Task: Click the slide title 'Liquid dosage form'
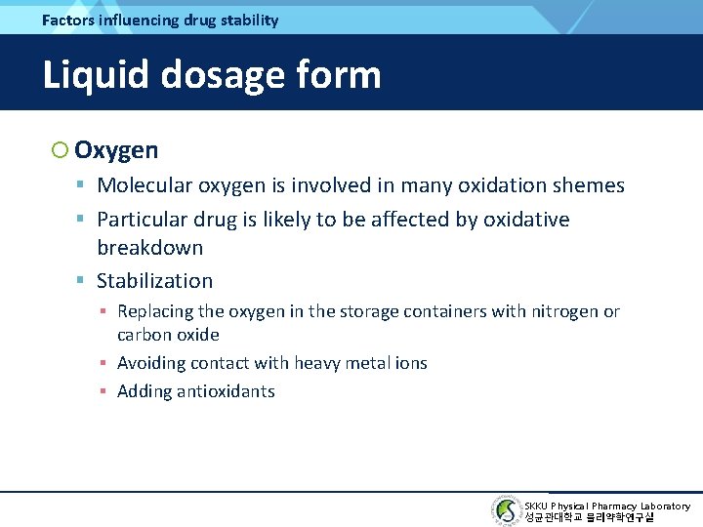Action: [x=212, y=74]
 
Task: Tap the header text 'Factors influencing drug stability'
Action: [x=160, y=20]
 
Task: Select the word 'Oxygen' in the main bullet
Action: [x=116, y=150]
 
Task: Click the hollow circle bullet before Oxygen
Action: [x=60, y=150]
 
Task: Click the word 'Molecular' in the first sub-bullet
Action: [x=145, y=185]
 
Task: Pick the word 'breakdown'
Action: [x=149, y=247]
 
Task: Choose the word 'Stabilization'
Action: [x=154, y=281]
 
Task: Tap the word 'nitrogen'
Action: [x=564, y=311]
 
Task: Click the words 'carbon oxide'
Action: [x=168, y=335]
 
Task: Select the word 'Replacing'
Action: [x=154, y=311]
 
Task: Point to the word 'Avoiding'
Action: [x=149, y=363]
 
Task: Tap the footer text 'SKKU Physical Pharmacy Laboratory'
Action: [x=606, y=506]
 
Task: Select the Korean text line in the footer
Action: [x=589, y=518]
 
